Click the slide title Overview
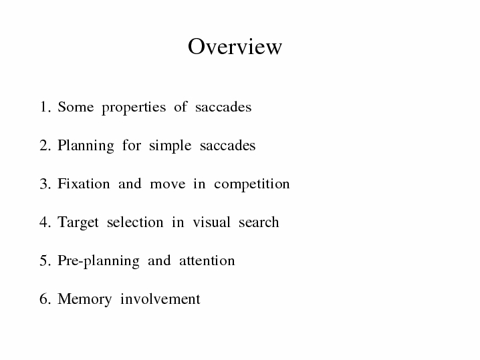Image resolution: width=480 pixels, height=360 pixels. [x=235, y=47]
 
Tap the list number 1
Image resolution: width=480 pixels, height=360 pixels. [x=45, y=107]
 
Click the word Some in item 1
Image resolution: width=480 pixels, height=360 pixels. [x=76, y=107]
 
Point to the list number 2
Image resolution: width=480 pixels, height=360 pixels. [x=45, y=146]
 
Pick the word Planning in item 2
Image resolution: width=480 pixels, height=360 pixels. [x=86, y=146]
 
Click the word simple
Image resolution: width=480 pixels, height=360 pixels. [x=170, y=146]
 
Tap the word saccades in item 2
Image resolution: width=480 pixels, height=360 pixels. [x=227, y=146]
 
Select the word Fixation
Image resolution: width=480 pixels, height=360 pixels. [x=84, y=184]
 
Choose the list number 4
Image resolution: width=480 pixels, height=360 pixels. [x=45, y=222]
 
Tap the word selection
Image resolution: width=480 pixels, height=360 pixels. [x=135, y=222]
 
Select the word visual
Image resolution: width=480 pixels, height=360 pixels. [x=211, y=222]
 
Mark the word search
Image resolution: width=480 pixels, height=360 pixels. [x=259, y=222]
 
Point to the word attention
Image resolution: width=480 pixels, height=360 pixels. [x=207, y=260]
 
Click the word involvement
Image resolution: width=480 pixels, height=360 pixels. [x=160, y=299]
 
